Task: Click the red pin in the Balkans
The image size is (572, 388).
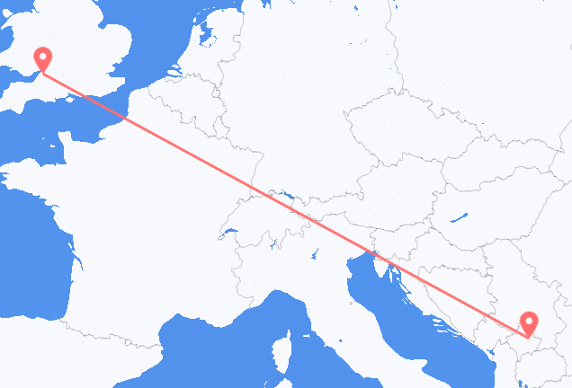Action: [x=530, y=322]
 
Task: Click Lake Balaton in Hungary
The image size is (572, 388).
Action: [x=459, y=216]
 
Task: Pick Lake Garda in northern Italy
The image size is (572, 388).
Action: [x=315, y=254]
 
